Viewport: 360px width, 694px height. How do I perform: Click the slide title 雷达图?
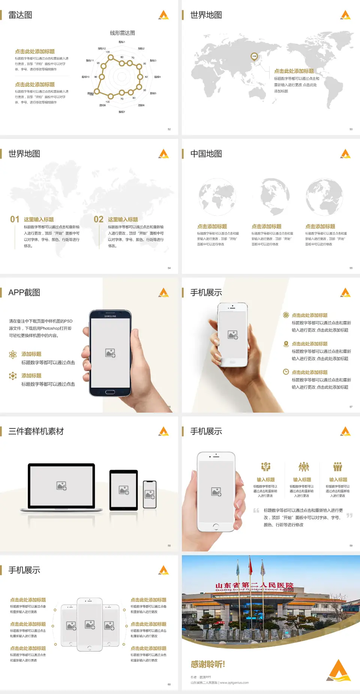click(x=20, y=15)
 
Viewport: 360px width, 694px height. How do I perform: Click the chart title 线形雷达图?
click(x=122, y=33)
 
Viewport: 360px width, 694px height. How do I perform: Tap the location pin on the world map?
click(x=254, y=57)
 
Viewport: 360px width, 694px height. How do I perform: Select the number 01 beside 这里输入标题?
click(x=15, y=219)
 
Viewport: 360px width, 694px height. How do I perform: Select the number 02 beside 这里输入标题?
click(x=99, y=219)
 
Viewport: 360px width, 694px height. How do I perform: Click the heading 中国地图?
click(x=206, y=154)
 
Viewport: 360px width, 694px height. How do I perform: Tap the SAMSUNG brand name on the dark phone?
click(x=110, y=316)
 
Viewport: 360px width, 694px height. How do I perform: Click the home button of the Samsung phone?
click(x=110, y=392)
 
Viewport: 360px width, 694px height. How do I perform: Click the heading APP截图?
click(x=24, y=293)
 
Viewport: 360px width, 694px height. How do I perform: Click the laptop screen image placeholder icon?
click(x=61, y=486)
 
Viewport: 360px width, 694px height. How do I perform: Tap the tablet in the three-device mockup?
click(x=124, y=490)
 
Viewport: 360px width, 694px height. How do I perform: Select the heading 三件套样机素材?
click(x=36, y=431)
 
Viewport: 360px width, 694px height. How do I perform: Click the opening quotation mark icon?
click(x=256, y=511)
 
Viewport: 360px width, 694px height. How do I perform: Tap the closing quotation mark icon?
click(x=349, y=515)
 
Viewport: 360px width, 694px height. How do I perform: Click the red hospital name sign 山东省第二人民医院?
click(x=254, y=586)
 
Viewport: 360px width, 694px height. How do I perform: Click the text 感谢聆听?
click(x=208, y=664)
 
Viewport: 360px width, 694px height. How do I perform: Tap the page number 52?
click(x=169, y=129)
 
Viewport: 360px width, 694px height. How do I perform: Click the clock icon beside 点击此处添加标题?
click(x=286, y=372)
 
